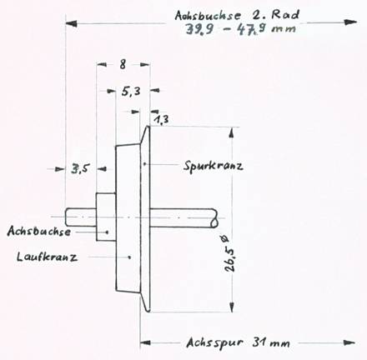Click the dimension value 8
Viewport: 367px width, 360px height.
pyautogui.click(x=123, y=64)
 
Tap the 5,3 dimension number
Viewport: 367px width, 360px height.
pyautogui.click(x=131, y=92)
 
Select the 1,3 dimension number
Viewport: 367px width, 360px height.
pyautogui.click(x=161, y=120)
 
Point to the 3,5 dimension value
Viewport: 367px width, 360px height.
pyautogui.click(x=80, y=168)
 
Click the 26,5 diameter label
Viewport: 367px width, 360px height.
pyautogui.click(x=230, y=253)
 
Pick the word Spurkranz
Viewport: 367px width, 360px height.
pyautogui.click(x=214, y=166)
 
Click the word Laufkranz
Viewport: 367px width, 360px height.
pyautogui.click(x=47, y=257)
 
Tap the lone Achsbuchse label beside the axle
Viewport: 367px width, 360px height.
pyautogui.click(x=39, y=231)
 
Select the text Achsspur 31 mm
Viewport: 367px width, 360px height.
pyautogui.click(x=238, y=342)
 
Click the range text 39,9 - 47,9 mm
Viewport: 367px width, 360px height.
pyautogui.click(x=241, y=29)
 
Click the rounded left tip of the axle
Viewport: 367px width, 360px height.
pyautogui.click(x=67, y=217)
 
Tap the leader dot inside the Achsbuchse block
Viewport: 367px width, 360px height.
pyautogui.click(x=108, y=232)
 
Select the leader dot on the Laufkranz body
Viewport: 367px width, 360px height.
pyautogui.click(x=129, y=257)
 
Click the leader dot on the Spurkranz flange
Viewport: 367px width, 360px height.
pyautogui.click(x=144, y=164)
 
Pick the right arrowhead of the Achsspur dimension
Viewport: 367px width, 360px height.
pyautogui.click(x=350, y=342)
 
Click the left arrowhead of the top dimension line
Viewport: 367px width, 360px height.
pyautogui.click(x=72, y=23)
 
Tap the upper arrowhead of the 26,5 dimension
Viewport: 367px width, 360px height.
pyautogui.click(x=232, y=132)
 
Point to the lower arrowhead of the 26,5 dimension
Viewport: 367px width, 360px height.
pyautogui.click(x=232, y=307)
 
